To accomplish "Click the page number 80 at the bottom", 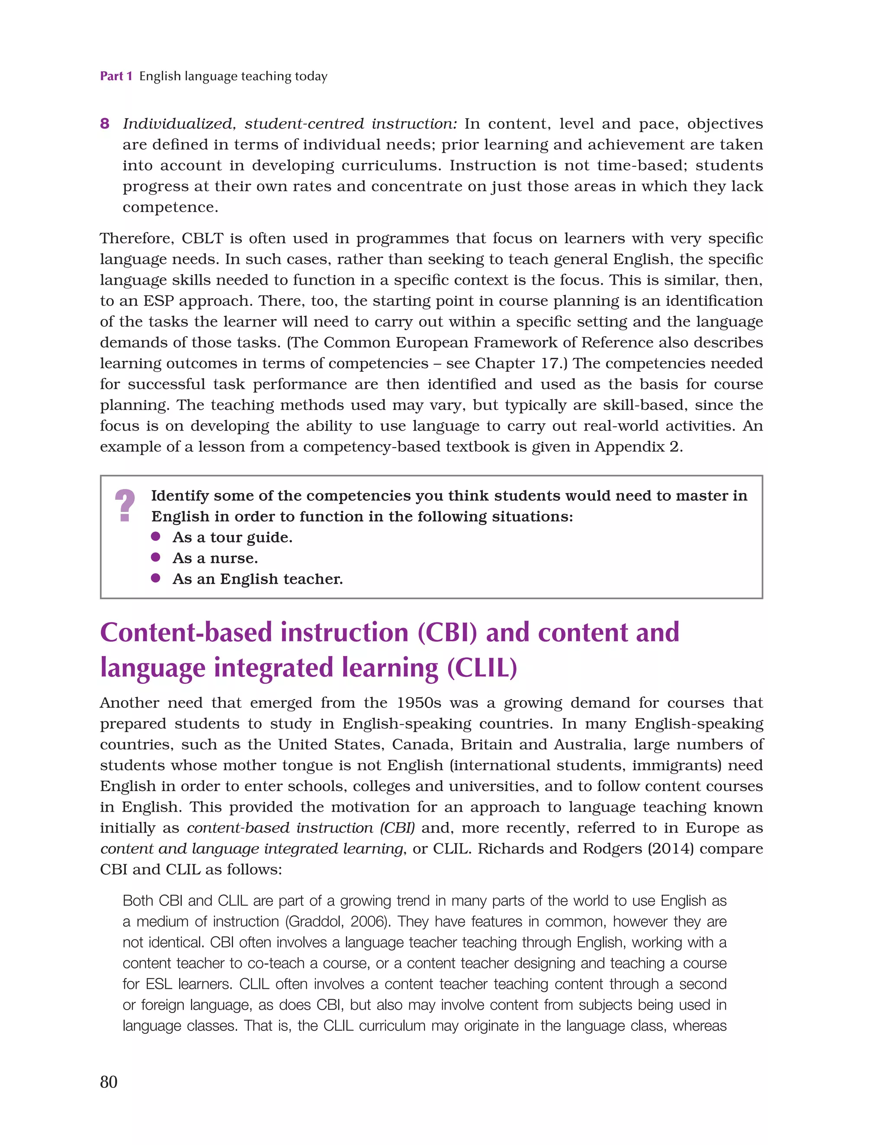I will (109, 1081).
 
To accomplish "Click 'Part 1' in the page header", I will (116, 77).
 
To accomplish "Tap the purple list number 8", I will (105, 124).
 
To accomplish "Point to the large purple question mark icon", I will (125, 505).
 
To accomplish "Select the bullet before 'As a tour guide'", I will (155, 536).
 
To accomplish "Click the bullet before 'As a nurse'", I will (155, 557).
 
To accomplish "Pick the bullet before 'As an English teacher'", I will (155, 578).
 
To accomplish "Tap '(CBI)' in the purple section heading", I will (447, 632).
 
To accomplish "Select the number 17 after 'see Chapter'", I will (549, 363).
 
